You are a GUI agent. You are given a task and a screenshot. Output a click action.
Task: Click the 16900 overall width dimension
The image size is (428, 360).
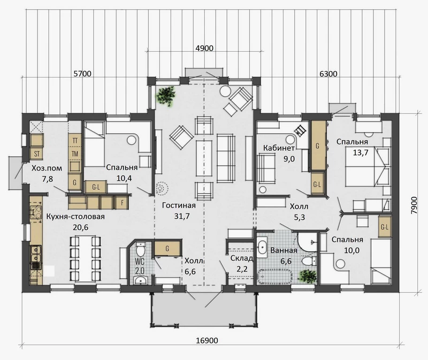[207, 340]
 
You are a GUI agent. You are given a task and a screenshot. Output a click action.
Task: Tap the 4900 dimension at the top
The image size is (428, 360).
[204, 48]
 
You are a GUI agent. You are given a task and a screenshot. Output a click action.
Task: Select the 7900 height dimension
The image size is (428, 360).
[414, 205]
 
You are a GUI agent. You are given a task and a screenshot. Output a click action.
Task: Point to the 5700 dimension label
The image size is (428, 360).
[82, 74]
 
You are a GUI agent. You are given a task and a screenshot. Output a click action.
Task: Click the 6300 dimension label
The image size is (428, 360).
[328, 74]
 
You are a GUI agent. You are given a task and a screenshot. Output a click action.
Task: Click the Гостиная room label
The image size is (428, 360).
[179, 205]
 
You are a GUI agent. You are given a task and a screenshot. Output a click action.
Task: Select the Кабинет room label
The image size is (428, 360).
[279, 148]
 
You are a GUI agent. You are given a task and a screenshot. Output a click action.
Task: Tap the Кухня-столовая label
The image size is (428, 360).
[75, 217]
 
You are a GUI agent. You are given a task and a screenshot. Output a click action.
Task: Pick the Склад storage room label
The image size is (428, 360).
[242, 258]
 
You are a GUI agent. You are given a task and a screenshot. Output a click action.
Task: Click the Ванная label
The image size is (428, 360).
[284, 250]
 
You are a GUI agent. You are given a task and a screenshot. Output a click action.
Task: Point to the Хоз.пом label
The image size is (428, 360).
[47, 168]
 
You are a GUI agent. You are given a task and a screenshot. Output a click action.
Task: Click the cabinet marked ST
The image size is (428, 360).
[36, 154]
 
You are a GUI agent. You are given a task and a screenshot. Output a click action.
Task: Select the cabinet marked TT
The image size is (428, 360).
[75, 141]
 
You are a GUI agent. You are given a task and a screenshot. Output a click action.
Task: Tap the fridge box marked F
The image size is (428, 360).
[123, 203]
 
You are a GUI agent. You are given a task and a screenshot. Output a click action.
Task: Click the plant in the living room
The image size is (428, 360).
[166, 96]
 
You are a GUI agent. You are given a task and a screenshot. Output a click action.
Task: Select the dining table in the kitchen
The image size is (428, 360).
[86, 258]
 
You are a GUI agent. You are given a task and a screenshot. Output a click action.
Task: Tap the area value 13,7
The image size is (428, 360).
[361, 152]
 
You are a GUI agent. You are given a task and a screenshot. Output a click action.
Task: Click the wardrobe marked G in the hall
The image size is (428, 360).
[167, 248]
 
